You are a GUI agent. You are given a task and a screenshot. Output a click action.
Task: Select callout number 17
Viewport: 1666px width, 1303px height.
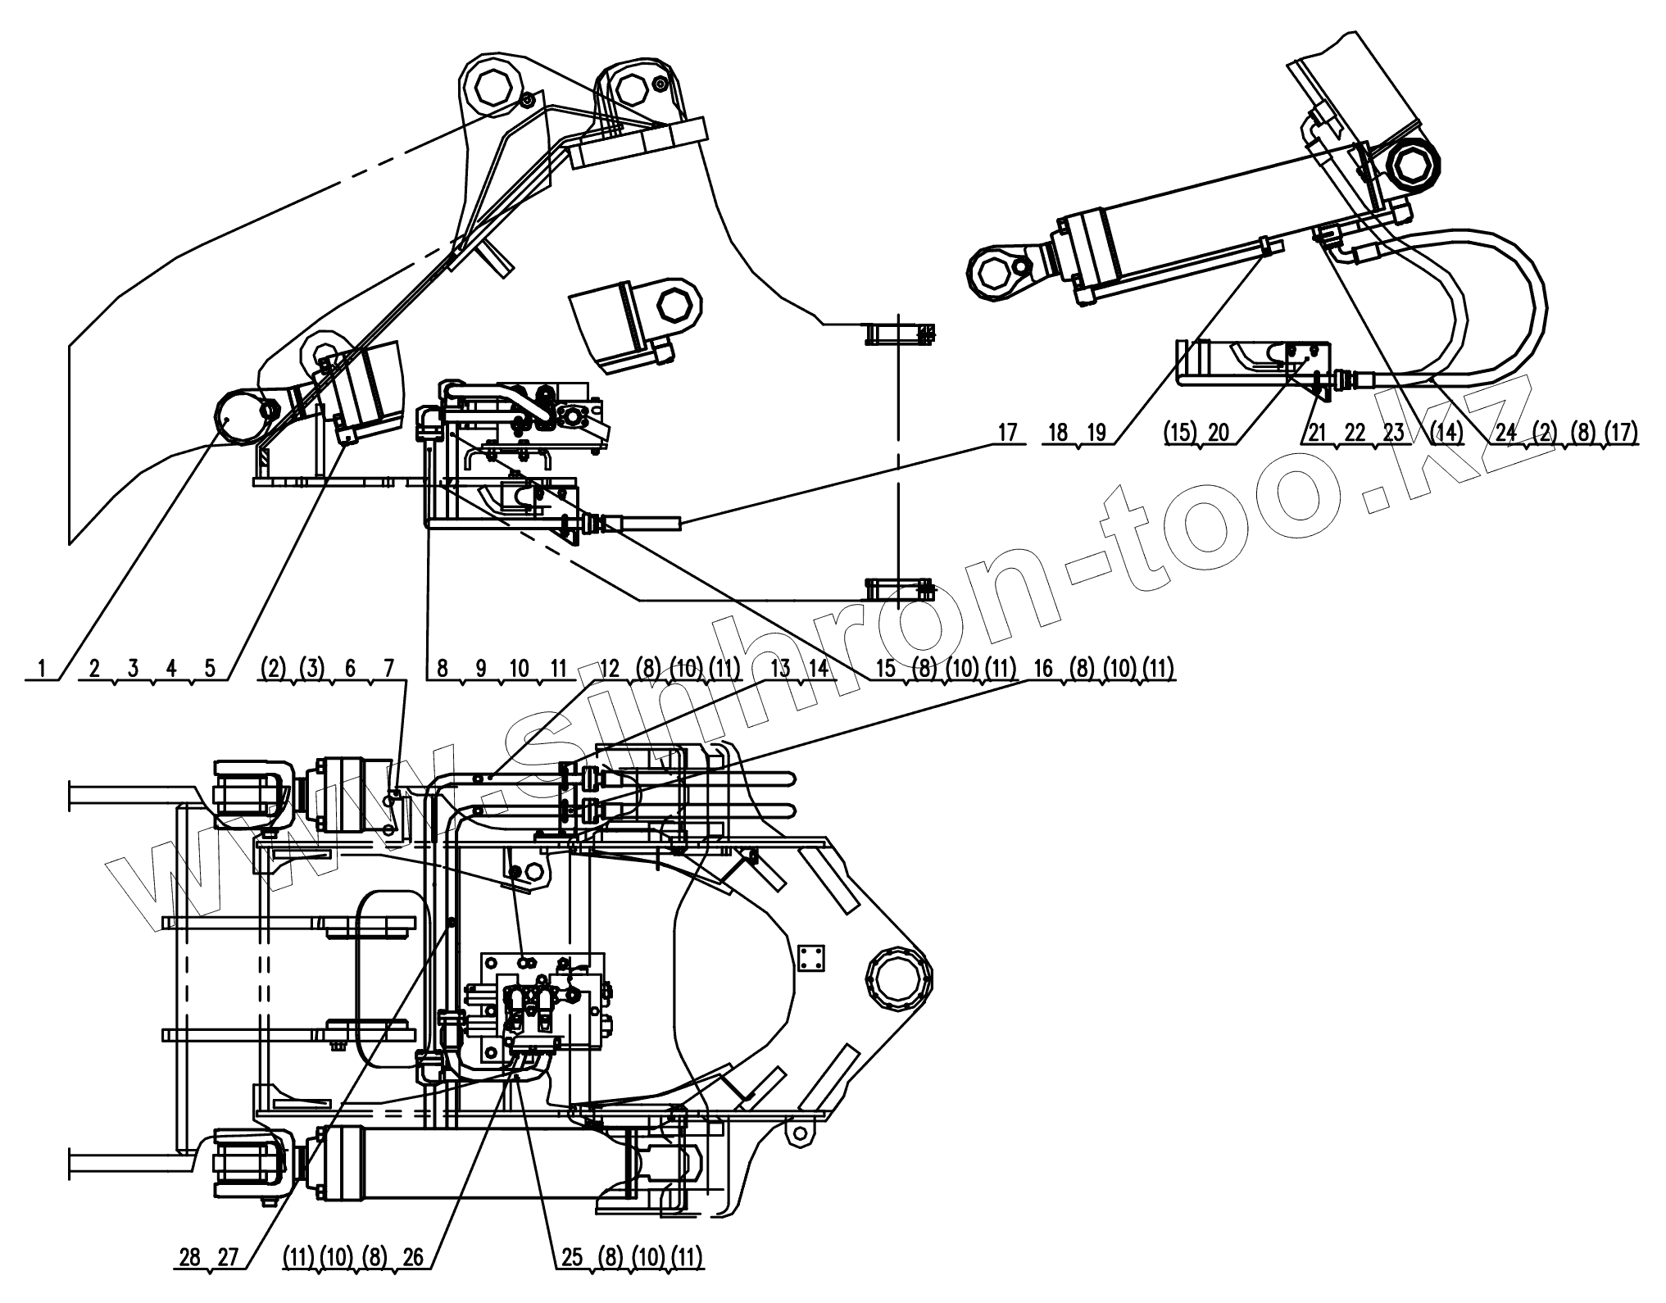coord(1007,432)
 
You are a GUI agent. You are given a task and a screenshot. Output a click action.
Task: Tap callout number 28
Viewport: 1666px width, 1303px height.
coord(189,1258)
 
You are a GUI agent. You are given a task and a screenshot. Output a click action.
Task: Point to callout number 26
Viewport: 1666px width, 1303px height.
coord(413,1258)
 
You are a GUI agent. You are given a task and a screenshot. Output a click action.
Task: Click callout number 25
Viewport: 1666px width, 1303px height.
coord(571,1258)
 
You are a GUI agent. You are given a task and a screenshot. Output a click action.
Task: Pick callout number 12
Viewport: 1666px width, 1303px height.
coord(610,668)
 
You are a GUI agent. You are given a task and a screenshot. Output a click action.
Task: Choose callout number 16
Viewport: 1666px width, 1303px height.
coord(1043,668)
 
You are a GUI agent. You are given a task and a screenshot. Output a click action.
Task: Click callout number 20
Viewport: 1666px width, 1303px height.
coord(1218,432)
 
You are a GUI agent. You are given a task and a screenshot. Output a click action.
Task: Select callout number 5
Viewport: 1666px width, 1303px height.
coord(210,668)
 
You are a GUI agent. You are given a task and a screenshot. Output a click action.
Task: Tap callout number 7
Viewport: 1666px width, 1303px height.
coord(388,668)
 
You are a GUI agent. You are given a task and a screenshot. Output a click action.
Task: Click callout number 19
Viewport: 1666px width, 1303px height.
coord(1097,432)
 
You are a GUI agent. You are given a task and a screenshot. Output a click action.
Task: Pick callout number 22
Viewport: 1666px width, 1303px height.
coord(1355,432)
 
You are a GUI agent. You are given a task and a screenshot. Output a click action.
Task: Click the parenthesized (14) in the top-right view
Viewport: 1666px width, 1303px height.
coord(1446,432)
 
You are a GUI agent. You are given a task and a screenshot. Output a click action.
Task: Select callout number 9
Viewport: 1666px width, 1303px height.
coord(480,668)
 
